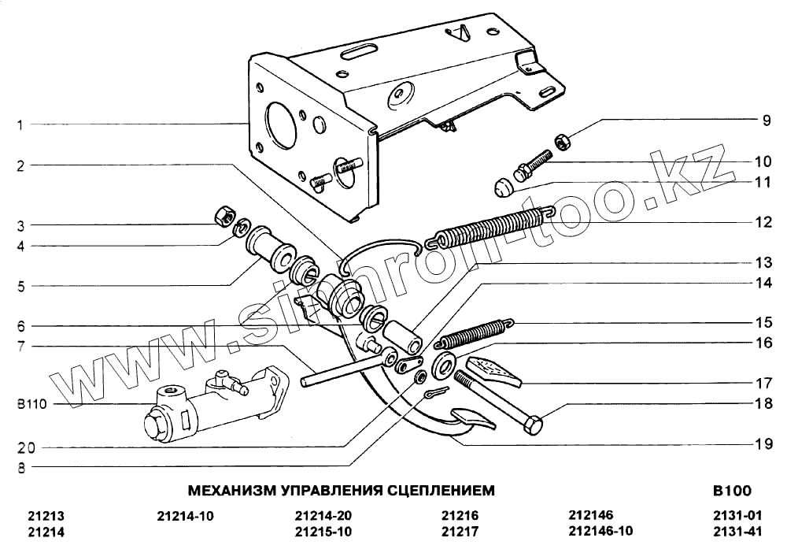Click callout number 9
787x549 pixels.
point(765,121)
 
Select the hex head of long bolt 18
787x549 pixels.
point(533,426)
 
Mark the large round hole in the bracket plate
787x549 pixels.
point(279,121)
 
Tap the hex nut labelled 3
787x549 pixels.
point(223,214)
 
